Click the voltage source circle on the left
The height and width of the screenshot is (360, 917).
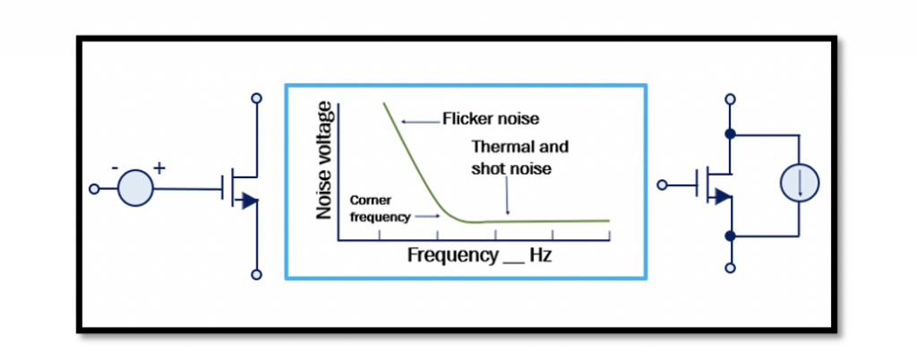click(136, 189)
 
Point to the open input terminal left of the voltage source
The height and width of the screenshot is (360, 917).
click(93, 189)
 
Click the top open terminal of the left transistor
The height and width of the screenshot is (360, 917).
click(257, 98)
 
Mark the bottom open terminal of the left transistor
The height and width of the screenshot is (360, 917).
click(257, 275)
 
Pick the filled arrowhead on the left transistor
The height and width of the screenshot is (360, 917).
click(250, 201)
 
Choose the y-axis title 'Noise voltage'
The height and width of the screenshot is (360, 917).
click(325, 161)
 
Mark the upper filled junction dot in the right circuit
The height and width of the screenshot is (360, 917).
click(730, 135)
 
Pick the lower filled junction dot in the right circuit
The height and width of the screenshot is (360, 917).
click(730, 236)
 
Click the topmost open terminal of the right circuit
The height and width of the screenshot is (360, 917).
click(730, 98)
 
